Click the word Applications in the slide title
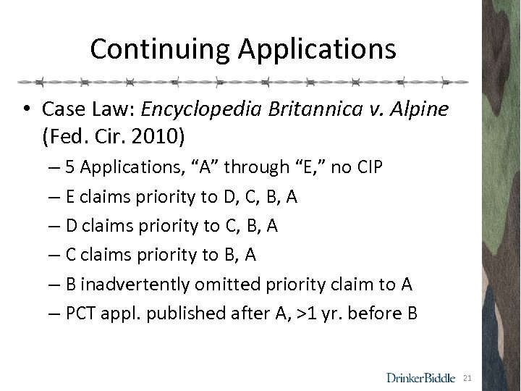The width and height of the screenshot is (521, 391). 314,49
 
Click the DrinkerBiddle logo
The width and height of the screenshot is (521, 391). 420,377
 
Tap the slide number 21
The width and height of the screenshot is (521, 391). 467,377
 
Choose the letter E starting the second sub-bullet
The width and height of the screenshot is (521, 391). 69,197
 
